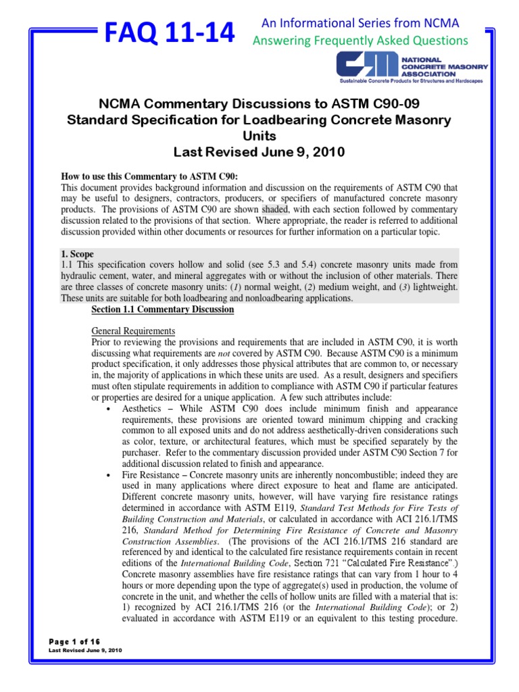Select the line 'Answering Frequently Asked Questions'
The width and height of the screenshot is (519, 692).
click(x=360, y=41)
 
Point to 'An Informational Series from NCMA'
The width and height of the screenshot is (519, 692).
click(x=360, y=24)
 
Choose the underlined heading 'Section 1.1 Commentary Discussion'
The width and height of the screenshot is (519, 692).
click(x=162, y=310)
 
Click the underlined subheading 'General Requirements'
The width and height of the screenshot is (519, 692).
click(x=133, y=331)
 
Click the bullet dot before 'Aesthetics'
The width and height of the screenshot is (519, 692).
click(x=109, y=410)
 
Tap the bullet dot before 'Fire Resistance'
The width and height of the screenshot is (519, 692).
click(x=109, y=476)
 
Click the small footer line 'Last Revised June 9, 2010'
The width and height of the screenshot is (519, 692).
click(x=86, y=651)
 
